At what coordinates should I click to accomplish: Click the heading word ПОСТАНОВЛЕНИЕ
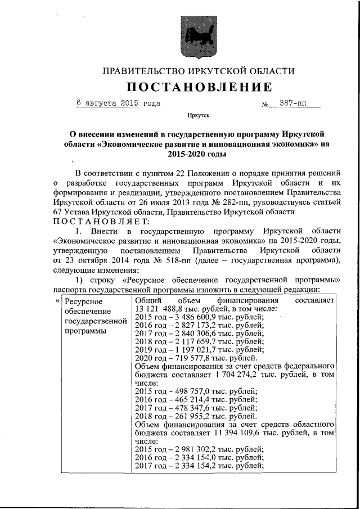tap(199, 87)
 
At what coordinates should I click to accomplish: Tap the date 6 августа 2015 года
tap(118, 103)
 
